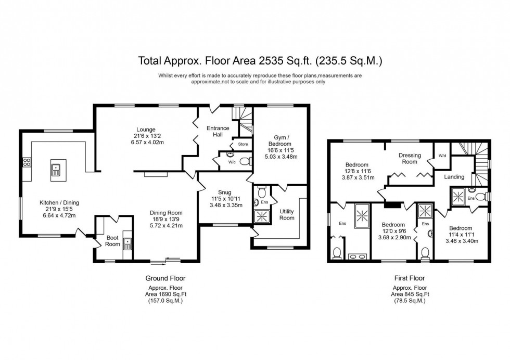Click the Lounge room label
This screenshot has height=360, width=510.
click(x=146, y=130)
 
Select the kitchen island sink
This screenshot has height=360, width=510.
click(x=56, y=169)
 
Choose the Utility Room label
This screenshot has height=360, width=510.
click(x=287, y=214)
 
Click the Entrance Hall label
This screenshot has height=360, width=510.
click(x=218, y=132)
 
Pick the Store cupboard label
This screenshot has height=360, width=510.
click(x=242, y=144)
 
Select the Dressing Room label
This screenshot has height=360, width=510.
click(x=410, y=159)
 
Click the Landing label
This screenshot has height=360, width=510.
click(x=454, y=177)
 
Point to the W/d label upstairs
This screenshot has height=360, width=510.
click(x=442, y=155)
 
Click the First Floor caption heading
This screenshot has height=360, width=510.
click(x=409, y=278)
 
